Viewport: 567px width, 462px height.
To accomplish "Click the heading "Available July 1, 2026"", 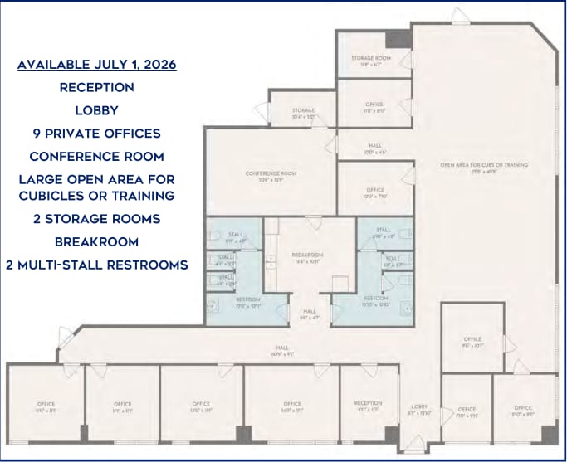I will pos(96,64).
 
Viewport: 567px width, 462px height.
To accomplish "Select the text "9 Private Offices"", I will pos(96,133).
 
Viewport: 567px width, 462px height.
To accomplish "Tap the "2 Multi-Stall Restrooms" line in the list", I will pos(96,265).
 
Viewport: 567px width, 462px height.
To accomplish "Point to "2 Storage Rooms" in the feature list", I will pos(96,219).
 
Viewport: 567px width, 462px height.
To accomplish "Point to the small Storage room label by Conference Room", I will pos(303,114).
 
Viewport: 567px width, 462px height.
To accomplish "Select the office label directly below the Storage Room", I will pos(374,106).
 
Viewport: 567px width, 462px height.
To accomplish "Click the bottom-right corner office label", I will pos(522,410).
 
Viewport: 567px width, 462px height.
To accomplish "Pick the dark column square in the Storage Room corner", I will pos(398,39).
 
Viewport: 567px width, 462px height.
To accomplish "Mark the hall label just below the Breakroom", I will pos(308,314).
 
